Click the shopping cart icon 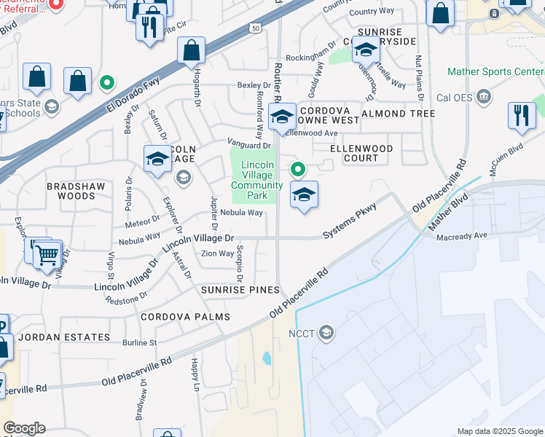47,256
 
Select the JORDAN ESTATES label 64,338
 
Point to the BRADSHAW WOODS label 76,192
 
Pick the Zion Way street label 217,253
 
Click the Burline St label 140,342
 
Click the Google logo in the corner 24,428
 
